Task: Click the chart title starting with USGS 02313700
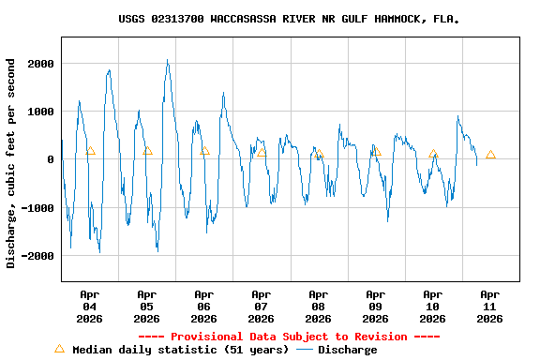pyautogui.click(x=289, y=19)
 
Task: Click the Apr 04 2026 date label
pyautogui.click(x=90, y=307)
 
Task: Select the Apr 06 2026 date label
pyautogui.click(x=204, y=307)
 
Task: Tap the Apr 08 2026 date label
pyautogui.click(x=319, y=307)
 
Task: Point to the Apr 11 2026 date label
pyautogui.click(x=489, y=307)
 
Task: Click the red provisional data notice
pyautogui.click(x=289, y=337)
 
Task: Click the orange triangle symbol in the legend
pyautogui.click(x=59, y=349)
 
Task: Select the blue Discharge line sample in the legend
pyautogui.click(x=304, y=350)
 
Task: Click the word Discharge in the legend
pyautogui.click(x=347, y=350)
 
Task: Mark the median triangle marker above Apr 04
pyautogui.click(x=90, y=150)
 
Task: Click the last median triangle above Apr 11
pyautogui.click(x=490, y=155)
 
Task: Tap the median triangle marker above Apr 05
pyautogui.click(x=147, y=150)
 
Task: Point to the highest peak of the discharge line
pyautogui.click(x=168, y=61)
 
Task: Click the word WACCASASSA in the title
pyautogui.click(x=247, y=19)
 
